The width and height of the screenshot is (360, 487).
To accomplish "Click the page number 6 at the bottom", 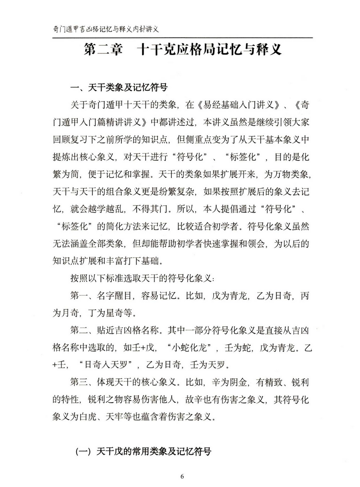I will [182, 476].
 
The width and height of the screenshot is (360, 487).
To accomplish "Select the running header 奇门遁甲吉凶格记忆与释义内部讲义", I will [104, 29].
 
